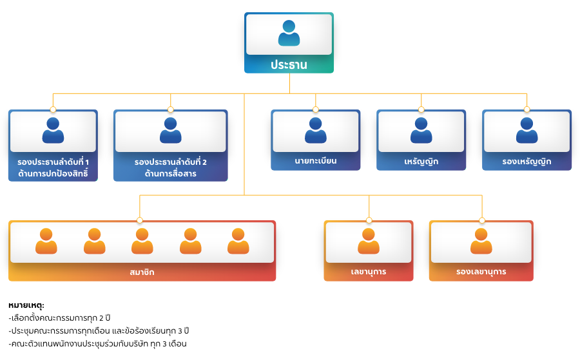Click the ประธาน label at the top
tap(289, 65)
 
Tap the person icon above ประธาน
tap(289, 33)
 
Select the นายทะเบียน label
tap(315, 160)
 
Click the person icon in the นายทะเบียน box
tap(315, 130)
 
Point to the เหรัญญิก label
tap(421, 161)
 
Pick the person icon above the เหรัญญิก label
tap(421, 130)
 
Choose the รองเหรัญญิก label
tap(527, 161)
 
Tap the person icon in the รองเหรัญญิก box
tap(527, 130)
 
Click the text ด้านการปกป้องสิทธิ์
tap(53, 173)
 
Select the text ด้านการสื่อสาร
tap(170, 173)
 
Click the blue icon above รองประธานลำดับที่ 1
tap(53, 130)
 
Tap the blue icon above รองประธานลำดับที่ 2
tap(170, 130)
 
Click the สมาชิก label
tap(142, 272)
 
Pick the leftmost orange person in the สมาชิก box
tap(46, 242)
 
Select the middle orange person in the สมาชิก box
tap(142, 242)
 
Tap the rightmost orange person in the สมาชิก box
tap(238, 242)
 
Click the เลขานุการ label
tap(369, 272)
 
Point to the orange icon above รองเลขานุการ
tap(481, 242)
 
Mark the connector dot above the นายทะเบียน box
tap(315, 109)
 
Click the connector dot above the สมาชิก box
tap(140, 220)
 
